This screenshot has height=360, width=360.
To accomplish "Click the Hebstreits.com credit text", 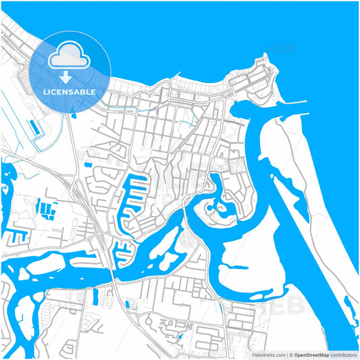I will click(x=267, y=355).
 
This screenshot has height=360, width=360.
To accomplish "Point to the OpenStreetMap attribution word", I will click(x=311, y=355).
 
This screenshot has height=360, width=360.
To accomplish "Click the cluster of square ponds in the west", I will click(x=47, y=209).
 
